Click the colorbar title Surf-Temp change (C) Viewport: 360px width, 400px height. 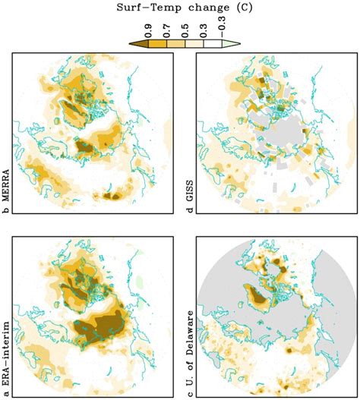180,8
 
